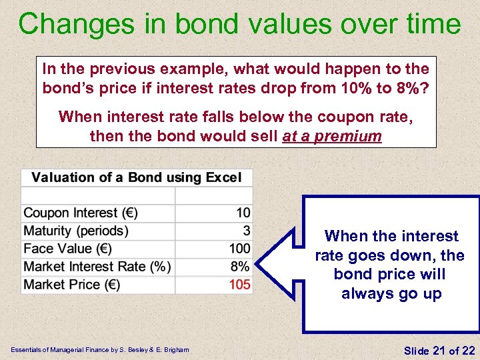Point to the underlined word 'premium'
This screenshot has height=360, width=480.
point(351,137)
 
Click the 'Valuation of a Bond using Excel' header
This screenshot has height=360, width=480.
point(137,177)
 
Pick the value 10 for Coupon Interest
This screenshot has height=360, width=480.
point(243,213)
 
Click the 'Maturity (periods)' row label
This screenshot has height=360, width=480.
point(75,231)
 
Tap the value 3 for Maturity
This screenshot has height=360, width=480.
point(247,231)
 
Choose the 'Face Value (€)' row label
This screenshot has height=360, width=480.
point(67,249)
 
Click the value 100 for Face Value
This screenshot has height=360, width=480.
point(239,249)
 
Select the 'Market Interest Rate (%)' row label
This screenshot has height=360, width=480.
point(97,267)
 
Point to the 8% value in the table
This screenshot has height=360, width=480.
point(241,267)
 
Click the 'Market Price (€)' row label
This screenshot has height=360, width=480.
point(71,285)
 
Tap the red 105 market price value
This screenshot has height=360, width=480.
point(239,285)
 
